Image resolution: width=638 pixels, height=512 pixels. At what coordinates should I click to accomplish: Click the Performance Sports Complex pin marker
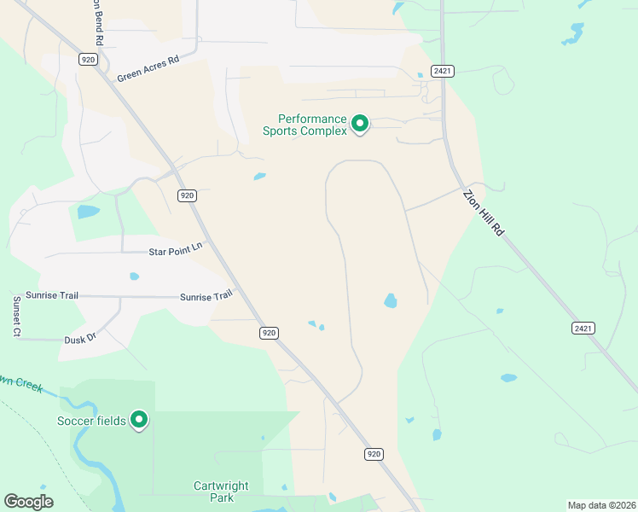point(360,125)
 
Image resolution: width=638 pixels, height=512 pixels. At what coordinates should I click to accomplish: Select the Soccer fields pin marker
point(138,420)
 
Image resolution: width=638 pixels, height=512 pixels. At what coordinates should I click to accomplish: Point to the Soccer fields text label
point(91,421)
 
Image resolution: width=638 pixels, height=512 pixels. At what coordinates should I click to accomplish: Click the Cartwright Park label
point(221,492)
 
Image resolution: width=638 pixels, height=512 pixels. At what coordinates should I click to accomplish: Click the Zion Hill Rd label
point(484,212)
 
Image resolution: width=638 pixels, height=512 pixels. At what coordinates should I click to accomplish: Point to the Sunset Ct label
point(16,317)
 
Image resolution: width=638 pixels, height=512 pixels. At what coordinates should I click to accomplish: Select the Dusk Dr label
point(80,339)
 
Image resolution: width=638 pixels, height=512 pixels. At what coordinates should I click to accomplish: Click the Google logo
point(28,502)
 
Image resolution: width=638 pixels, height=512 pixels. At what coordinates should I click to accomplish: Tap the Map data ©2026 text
point(600,504)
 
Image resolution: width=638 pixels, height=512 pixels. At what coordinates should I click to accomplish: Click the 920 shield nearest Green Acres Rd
point(87,59)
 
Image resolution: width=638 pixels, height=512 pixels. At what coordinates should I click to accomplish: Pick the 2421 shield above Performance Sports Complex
point(440,70)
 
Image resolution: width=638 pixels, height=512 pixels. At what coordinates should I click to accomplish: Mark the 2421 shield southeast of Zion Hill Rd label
point(583,328)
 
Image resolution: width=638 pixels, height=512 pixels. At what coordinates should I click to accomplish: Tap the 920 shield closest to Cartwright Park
point(373,454)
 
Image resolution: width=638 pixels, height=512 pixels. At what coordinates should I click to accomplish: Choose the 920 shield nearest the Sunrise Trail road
point(269,333)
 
